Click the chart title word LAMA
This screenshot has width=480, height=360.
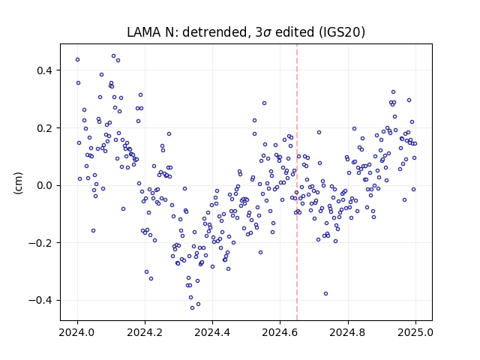pyautogui.click(x=144, y=31)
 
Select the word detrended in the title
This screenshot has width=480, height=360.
pyautogui.click(x=215, y=31)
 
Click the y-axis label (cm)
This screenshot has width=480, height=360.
pyautogui.click(x=18, y=183)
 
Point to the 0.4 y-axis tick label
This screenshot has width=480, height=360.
pyautogui.click(x=45, y=70)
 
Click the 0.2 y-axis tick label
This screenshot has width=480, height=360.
pyautogui.click(x=45, y=128)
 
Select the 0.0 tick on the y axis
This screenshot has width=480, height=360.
pyautogui.click(x=45, y=185)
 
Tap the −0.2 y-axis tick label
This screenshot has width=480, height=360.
pyautogui.click(x=40, y=243)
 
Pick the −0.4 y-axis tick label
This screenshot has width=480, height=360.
pyautogui.click(x=40, y=300)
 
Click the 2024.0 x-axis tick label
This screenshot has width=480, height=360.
pyautogui.click(x=77, y=332)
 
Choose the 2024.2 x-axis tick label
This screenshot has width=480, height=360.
pyautogui.click(x=145, y=332)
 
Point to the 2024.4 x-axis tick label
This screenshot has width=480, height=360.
pyautogui.click(x=212, y=332)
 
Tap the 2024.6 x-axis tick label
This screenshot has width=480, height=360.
pyautogui.click(x=280, y=332)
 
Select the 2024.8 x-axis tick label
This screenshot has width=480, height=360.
pyautogui.click(x=348, y=332)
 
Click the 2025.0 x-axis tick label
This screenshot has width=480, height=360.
pyautogui.click(x=415, y=332)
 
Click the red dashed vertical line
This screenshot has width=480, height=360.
pyautogui.click(x=297, y=182)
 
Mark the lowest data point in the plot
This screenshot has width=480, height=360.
pyautogui.click(x=192, y=307)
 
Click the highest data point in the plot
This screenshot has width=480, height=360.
pyautogui.click(x=113, y=56)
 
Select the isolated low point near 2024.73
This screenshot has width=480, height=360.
pyautogui.click(x=325, y=293)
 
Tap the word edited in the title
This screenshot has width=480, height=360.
pyautogui.click(x=295, y=31)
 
